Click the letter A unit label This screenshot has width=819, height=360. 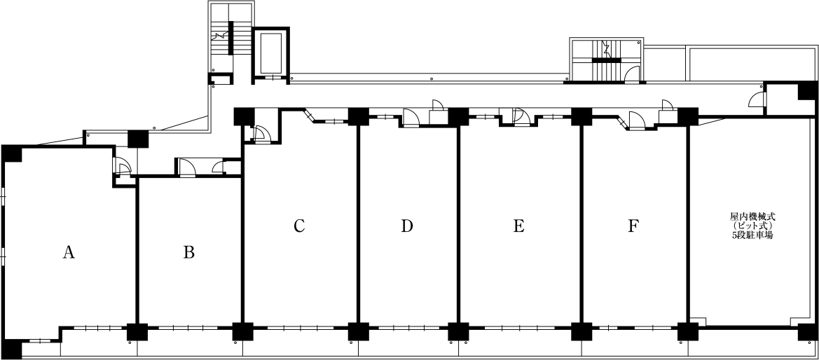(x=69, y=253)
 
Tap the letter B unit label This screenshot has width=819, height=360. (x=189, y=253)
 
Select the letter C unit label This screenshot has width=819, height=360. (x=298, y=226)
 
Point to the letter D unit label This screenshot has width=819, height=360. (x=407, y=226)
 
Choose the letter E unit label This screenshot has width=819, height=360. (x=518, y=226)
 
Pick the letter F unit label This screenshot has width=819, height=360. (x=633, y=226)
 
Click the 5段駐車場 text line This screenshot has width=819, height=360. (x=752, y=235)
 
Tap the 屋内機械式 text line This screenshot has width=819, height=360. (x=752, y=215)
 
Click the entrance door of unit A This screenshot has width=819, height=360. (x=123, y=167)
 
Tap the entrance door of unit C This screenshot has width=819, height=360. (x=259, y=134)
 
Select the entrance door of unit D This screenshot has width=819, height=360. (x=411, y=117)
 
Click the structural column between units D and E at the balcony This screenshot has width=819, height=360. (x=458, y=332)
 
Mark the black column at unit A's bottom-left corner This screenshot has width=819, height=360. (x=13, y=350)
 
